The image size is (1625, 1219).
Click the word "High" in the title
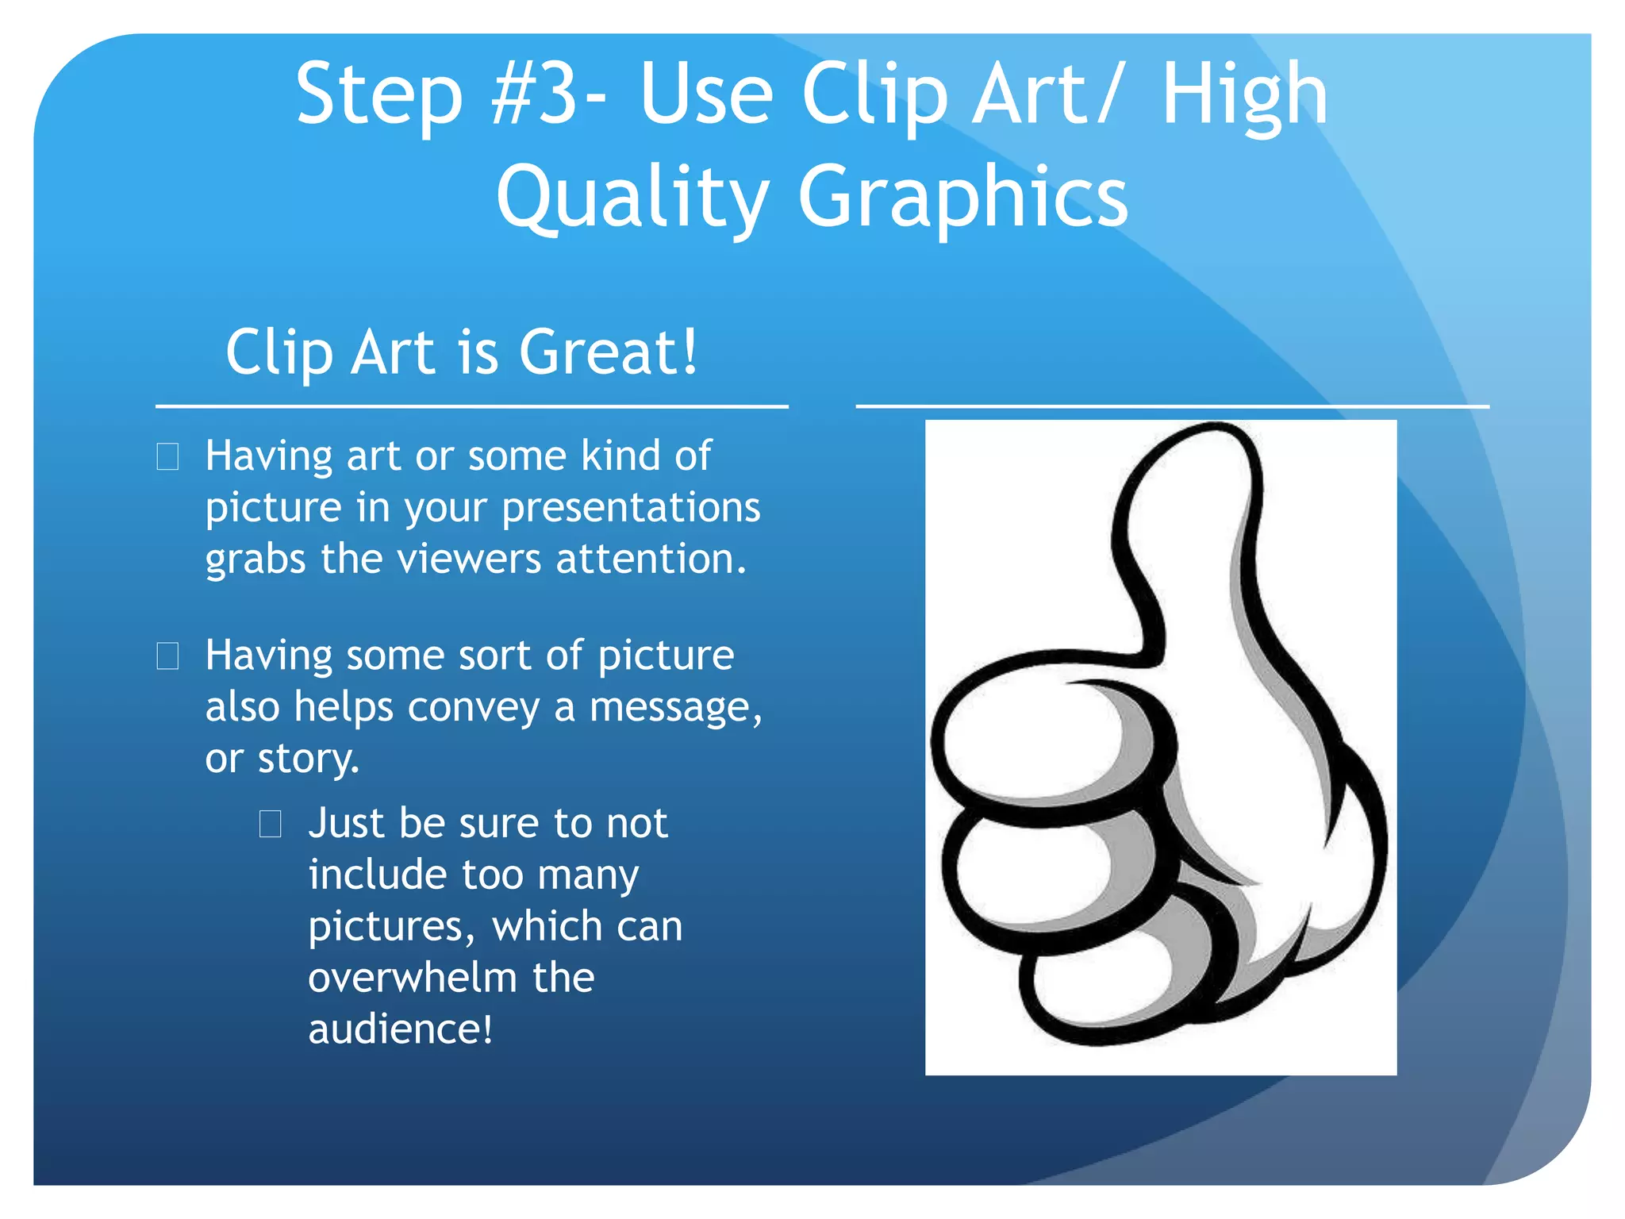1243,95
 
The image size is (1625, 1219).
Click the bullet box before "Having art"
167,457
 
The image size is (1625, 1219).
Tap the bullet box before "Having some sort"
167,656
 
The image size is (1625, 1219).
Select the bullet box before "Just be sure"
271,825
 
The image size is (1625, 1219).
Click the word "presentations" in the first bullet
631,508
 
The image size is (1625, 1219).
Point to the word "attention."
651,559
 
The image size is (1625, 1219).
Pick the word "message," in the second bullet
675,707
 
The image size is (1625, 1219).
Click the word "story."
308,759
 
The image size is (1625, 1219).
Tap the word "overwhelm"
412,978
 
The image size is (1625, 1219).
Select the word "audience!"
400,1029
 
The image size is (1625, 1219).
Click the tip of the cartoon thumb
1206,452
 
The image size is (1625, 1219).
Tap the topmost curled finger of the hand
1031,734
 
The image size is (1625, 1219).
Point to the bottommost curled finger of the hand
1111,992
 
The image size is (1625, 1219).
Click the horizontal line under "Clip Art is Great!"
471,407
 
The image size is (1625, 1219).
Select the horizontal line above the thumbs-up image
1172,406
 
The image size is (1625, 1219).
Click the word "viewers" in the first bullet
469,559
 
